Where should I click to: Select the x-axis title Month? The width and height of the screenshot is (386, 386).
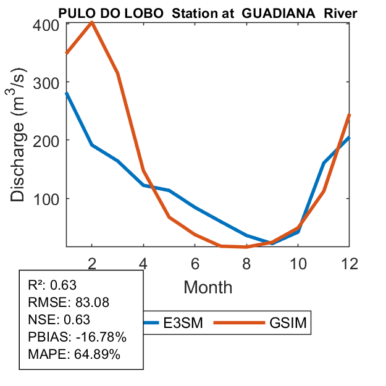pyautogui.click(x=208, y=287)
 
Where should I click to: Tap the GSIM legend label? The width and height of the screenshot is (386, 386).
pyautogui.click(x=290, y=322)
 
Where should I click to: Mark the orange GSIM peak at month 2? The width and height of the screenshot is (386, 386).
pyautogui.click(x=92, y=22)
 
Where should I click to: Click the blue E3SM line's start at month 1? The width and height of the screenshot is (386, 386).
pyautogui.click(x=67, y=93)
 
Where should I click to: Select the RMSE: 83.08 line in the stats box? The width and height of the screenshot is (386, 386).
pyautogui.click(x=59, y=302)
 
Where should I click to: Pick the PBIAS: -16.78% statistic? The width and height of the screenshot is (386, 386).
pyautogui.click(x=68, y=337)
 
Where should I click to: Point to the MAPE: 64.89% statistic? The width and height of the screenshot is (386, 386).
pyautogui.click(x=65, y=355)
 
